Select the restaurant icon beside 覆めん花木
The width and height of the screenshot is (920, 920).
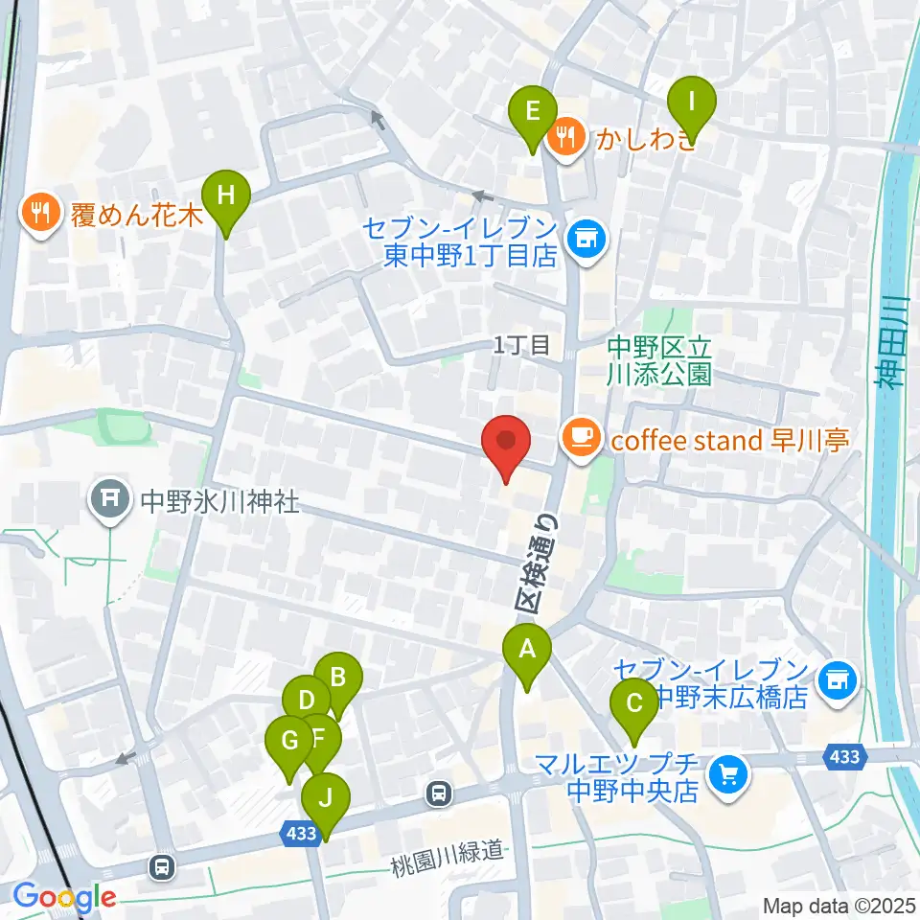coord(40,212)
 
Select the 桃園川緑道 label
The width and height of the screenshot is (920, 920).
coord(447,849)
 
